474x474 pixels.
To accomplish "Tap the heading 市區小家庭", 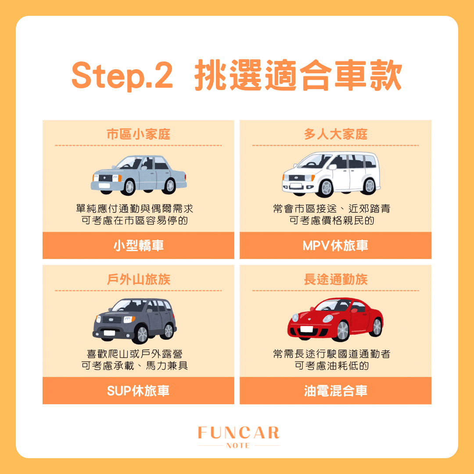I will tap(138, 134).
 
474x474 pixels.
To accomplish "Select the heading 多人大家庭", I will tap(335, 134).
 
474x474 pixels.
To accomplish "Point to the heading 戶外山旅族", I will tap(138, 280).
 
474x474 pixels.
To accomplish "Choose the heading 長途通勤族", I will tap(335, 280).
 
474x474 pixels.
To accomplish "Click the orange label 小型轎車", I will tap(138, 246).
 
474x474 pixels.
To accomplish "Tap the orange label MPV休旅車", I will tap(335, 246).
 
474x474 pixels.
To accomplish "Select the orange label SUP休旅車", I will tap(138, 391).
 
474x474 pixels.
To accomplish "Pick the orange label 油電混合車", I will tap(335, 391).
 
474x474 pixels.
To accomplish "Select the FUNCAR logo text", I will tap(238, 433).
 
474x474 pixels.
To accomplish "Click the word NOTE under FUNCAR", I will tap(238, 445).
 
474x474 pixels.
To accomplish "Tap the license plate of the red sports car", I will tap(307, 329).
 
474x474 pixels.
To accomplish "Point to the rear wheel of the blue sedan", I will tap(169, 186).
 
